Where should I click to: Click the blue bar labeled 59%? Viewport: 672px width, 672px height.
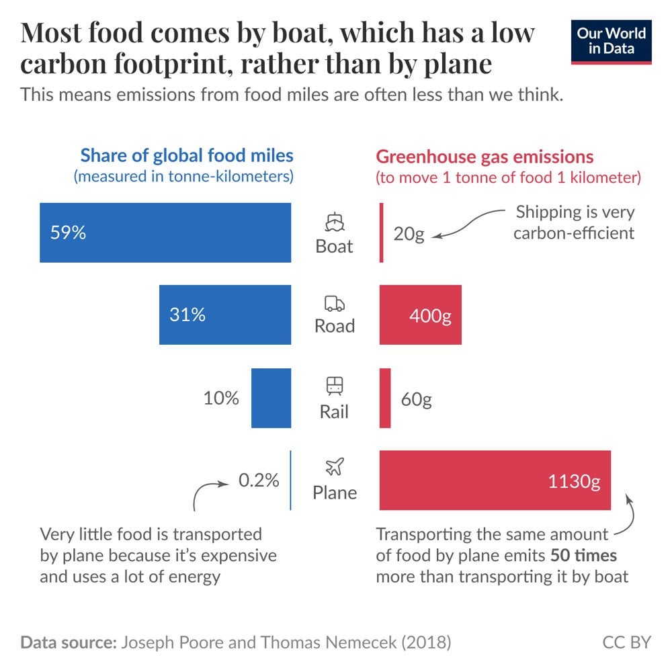tap(165, 233)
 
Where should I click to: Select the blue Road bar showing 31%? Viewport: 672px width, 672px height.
tap(225, 314)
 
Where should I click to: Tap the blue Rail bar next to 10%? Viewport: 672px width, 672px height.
tap(271, 398)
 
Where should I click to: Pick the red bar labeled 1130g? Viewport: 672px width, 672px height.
tap(495, 480)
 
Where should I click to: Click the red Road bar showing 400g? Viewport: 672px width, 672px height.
tap(420, 314)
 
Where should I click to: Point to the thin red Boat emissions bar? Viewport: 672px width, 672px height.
tap(382, 233)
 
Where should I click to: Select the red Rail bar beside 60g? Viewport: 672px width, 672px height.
tap(385, 398)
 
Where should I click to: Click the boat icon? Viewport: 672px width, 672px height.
tap(334, 222)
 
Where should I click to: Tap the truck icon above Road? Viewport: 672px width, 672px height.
tap(334, 304)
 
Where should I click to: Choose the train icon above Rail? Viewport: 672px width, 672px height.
tap(334, 386)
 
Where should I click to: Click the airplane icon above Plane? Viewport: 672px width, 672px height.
tap(334, 468)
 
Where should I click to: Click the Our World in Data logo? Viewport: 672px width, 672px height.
tap(612, 42)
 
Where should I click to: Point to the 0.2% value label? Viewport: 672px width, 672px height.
tap(258, 480)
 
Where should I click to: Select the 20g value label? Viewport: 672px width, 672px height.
tap(409, 236)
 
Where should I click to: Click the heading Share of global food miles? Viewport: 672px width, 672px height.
tap(187, 156)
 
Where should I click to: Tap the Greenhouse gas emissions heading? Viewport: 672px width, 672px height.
tap(485, 157)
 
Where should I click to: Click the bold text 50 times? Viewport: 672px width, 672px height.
tap(583, 556)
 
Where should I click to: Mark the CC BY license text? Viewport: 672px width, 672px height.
tap(626, 642)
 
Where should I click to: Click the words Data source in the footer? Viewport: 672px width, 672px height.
tap(67, 642)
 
